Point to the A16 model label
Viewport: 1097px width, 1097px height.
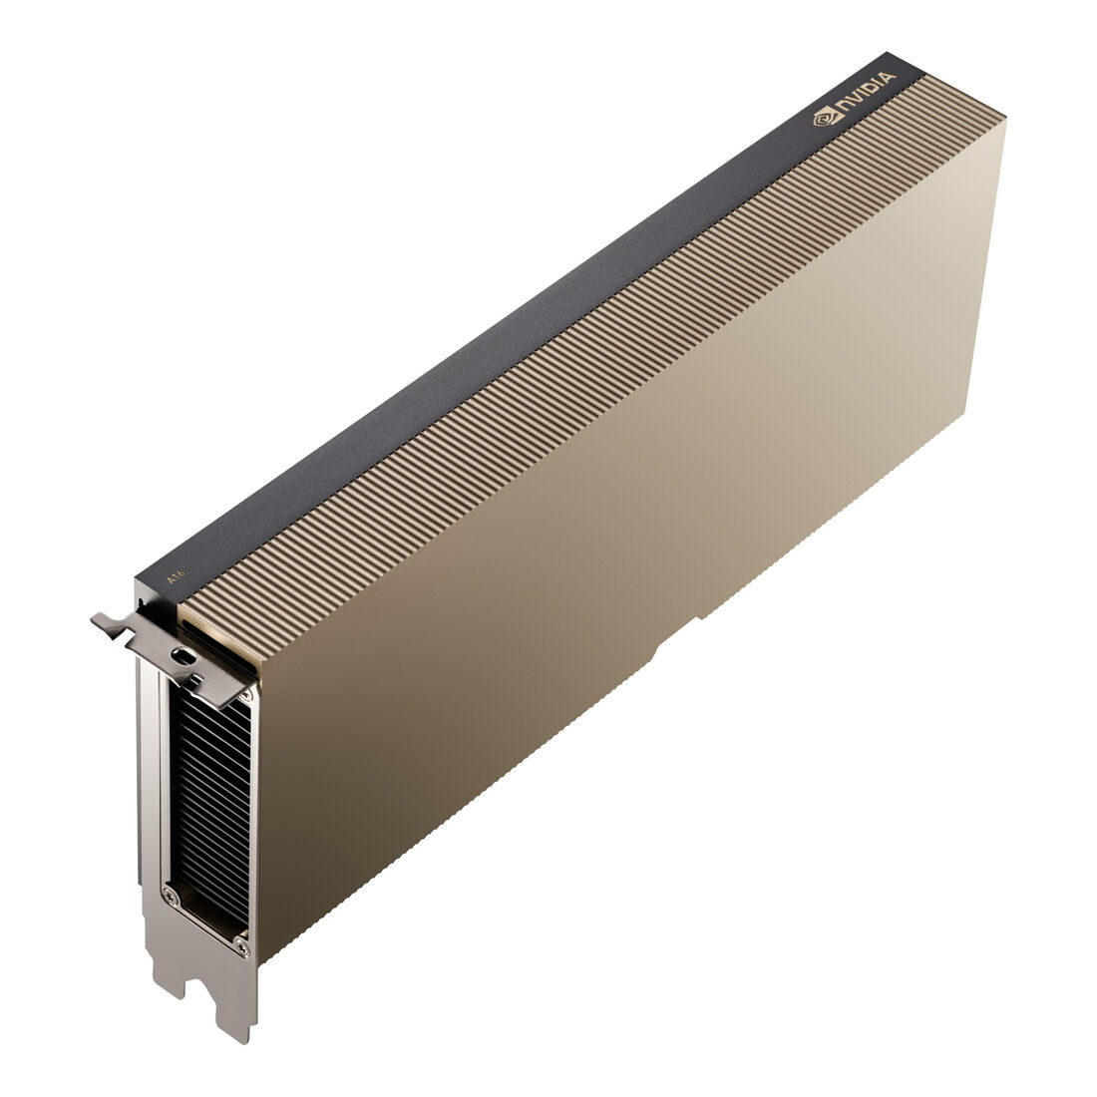[x=175, y=576]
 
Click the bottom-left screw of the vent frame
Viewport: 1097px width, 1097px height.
[x=168, y=891]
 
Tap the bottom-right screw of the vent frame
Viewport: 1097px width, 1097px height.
[x=242, y=948]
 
